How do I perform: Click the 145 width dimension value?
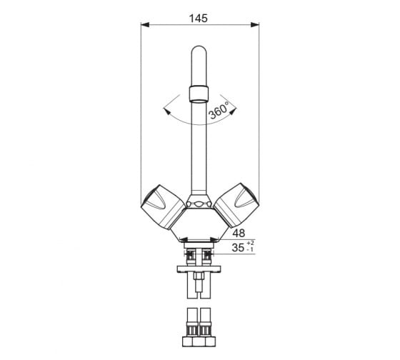click(x=199, y=19)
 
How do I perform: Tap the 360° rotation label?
click(x=219, y=111)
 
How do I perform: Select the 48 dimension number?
click(x=239, y=233)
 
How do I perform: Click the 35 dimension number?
click(x=238, y=247)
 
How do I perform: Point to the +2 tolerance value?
click(x=250, y=243)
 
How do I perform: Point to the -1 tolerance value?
click(x=250, y=249)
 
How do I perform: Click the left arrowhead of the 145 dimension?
click(x=145, y=25)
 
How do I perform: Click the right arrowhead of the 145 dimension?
click(x=255, y=25)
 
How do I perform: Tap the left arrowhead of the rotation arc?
click(x=166, y=111)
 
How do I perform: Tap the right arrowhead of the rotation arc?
click(x=233, y=111)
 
